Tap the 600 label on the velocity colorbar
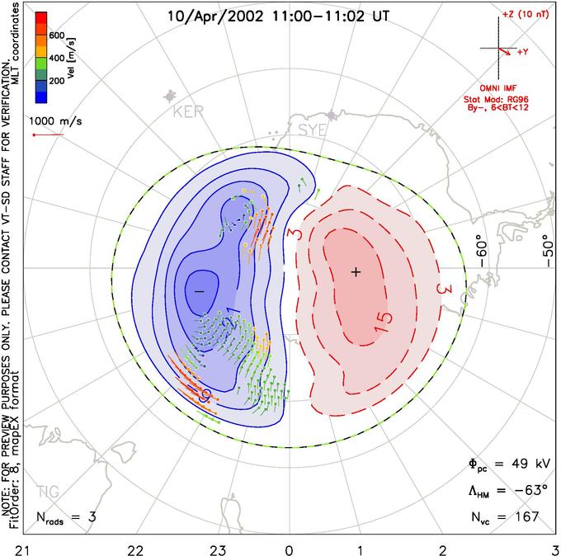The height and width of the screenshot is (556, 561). click(x=58, y=35)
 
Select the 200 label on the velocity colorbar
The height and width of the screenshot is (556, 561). click(x=58, y=81)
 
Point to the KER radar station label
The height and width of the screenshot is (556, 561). click(x=187, y=113)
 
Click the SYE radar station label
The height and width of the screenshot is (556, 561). click(x=311, y=130)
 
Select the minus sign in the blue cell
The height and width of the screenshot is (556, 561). click(x=198, y=291)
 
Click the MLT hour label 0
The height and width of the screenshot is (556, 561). click(x=289, y=548)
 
